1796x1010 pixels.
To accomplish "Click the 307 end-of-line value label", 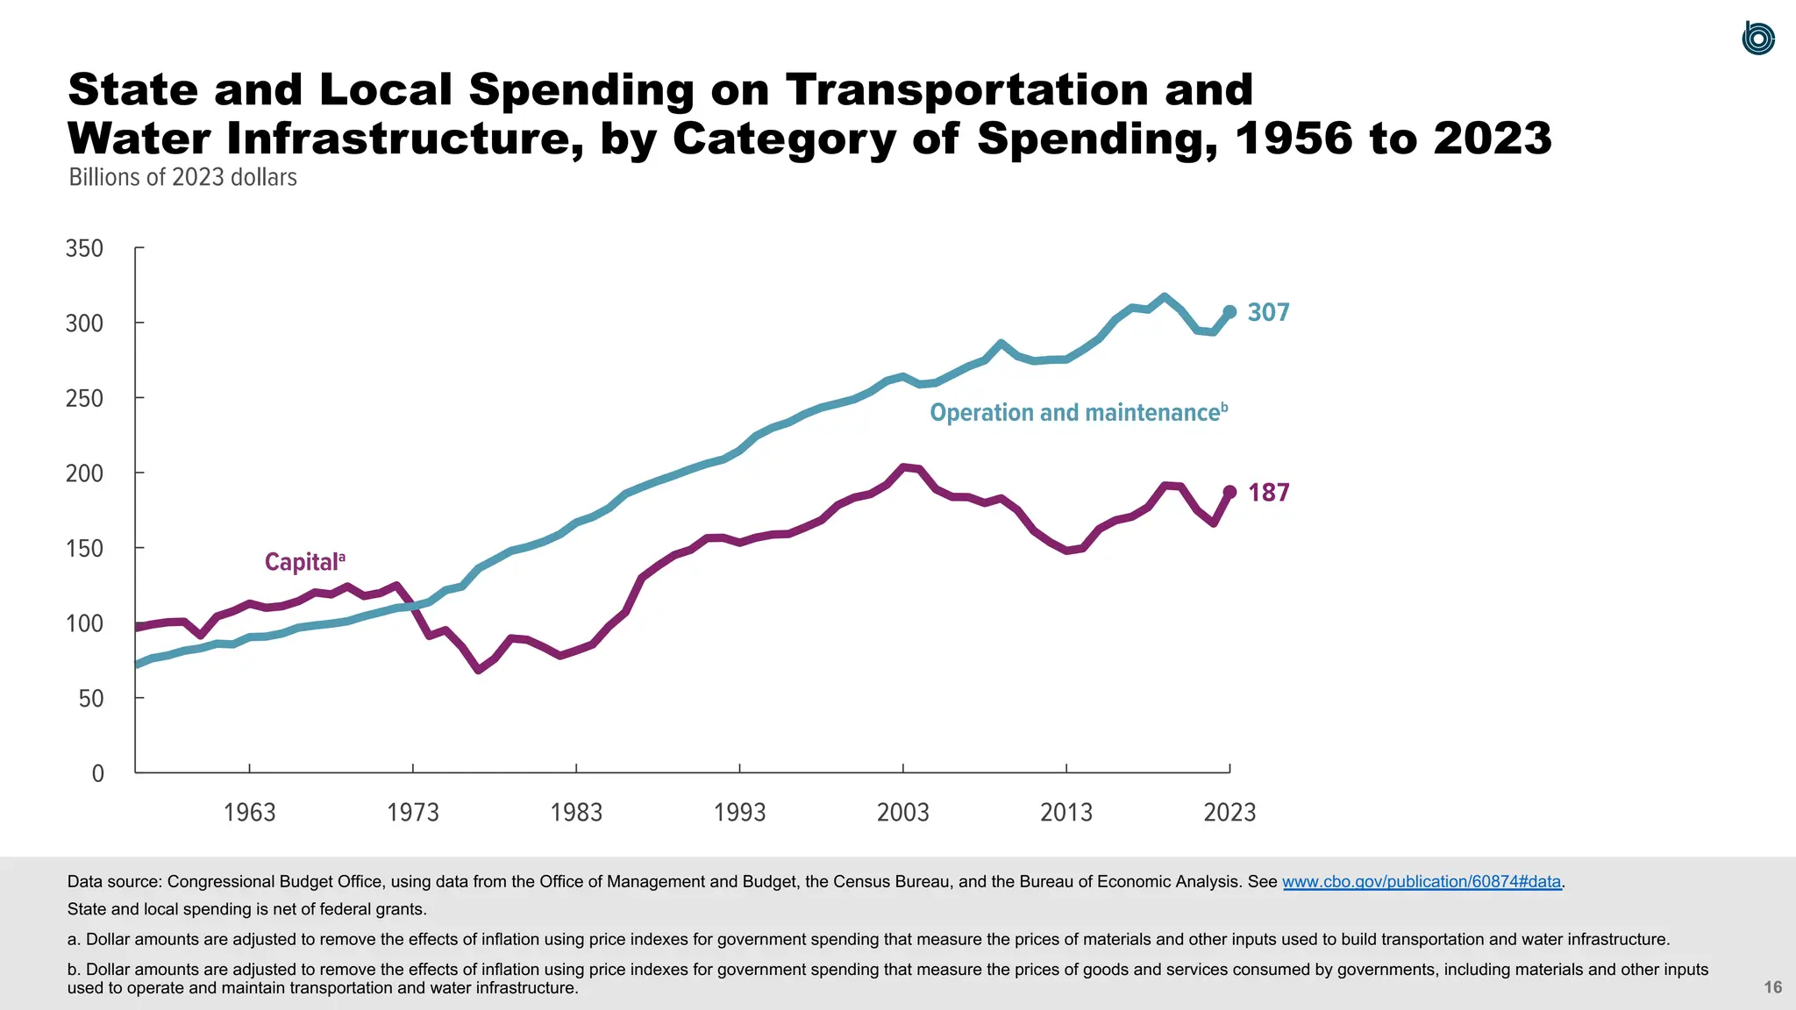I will (x=1268, y=312).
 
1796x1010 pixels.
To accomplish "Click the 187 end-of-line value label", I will (x=1268, y=493).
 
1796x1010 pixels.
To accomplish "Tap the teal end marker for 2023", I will (x=1229, y=312).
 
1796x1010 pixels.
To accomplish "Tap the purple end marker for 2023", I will (x=1229, y=493).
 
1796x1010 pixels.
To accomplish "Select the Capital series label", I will (x=304, y=562).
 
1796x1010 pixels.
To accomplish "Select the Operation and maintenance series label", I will (x=1078, y=413).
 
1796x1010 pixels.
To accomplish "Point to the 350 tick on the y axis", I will (x=85, y=249).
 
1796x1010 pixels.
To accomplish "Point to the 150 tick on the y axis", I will (x=85, y=549).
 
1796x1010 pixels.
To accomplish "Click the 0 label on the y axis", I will (x=97, y=773).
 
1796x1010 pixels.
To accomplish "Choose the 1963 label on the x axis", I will (x=249, y=812).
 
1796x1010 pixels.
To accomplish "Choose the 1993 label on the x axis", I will (x=739, y=812).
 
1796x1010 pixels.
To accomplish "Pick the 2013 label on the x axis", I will (x=1066, y=812).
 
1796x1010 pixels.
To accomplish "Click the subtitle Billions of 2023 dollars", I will (x=182, y=177).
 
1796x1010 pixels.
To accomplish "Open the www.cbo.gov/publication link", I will (x=1421, y=882).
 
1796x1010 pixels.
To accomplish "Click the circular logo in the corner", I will (x=1757, y=39).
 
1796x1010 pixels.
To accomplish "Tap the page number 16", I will (x=1772, y=987).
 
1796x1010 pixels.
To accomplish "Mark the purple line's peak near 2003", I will (x=904, y=467).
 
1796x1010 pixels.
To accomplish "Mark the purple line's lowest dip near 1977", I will (x=479, y=670).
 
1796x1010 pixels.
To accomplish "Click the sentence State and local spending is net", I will (x=246, y=909).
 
